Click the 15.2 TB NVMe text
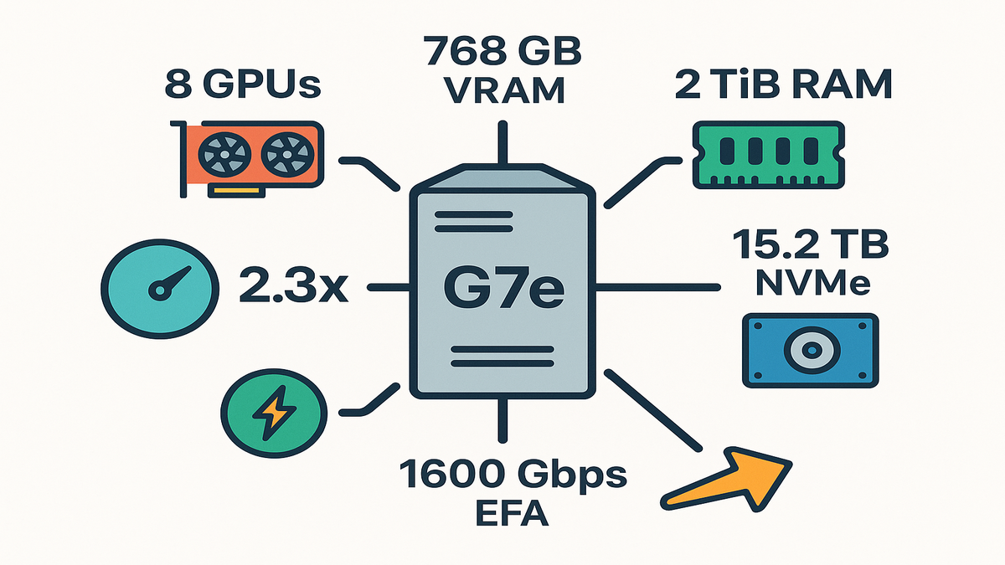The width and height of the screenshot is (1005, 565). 809,264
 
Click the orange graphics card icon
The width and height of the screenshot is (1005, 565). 248,157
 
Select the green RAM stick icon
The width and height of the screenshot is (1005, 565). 765,154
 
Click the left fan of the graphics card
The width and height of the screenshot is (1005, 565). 222,155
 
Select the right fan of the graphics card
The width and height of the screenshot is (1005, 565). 286,155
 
